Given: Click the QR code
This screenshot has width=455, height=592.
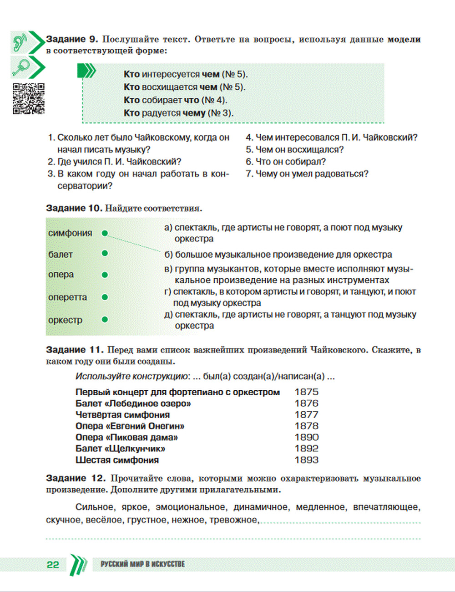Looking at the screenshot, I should point(29,98).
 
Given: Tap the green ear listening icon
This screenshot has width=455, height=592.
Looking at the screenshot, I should point(20,42).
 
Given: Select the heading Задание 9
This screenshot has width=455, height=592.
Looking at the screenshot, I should point(72,40).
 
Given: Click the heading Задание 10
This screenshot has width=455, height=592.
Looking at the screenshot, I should point(74,208).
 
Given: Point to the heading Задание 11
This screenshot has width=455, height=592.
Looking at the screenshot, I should point(75,350).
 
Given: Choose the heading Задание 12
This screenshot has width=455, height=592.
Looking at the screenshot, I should point(76,478).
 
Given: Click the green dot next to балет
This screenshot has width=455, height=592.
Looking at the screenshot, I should point(105,254).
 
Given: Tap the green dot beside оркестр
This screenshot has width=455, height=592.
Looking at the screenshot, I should point(105,320).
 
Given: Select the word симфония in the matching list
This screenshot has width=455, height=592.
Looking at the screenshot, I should point(70,233).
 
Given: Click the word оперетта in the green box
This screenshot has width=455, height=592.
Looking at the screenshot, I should point(67,297).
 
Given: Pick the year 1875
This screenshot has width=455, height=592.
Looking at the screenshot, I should point(306,392).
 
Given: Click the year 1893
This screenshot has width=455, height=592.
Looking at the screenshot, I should point(306,460).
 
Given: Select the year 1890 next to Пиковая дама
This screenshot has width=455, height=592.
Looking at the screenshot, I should point(306,437).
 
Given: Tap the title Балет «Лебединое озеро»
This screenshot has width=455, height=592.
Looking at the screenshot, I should point(133,403).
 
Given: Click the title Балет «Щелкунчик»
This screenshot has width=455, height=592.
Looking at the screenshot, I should point(120,449).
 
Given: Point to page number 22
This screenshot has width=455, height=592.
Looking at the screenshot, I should point(53,565).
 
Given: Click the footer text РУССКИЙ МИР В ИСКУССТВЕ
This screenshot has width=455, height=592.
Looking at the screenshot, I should point(142,564).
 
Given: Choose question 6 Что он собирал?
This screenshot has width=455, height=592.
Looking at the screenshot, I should point(286,162).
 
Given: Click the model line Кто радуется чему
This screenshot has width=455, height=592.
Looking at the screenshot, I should point(178,113).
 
